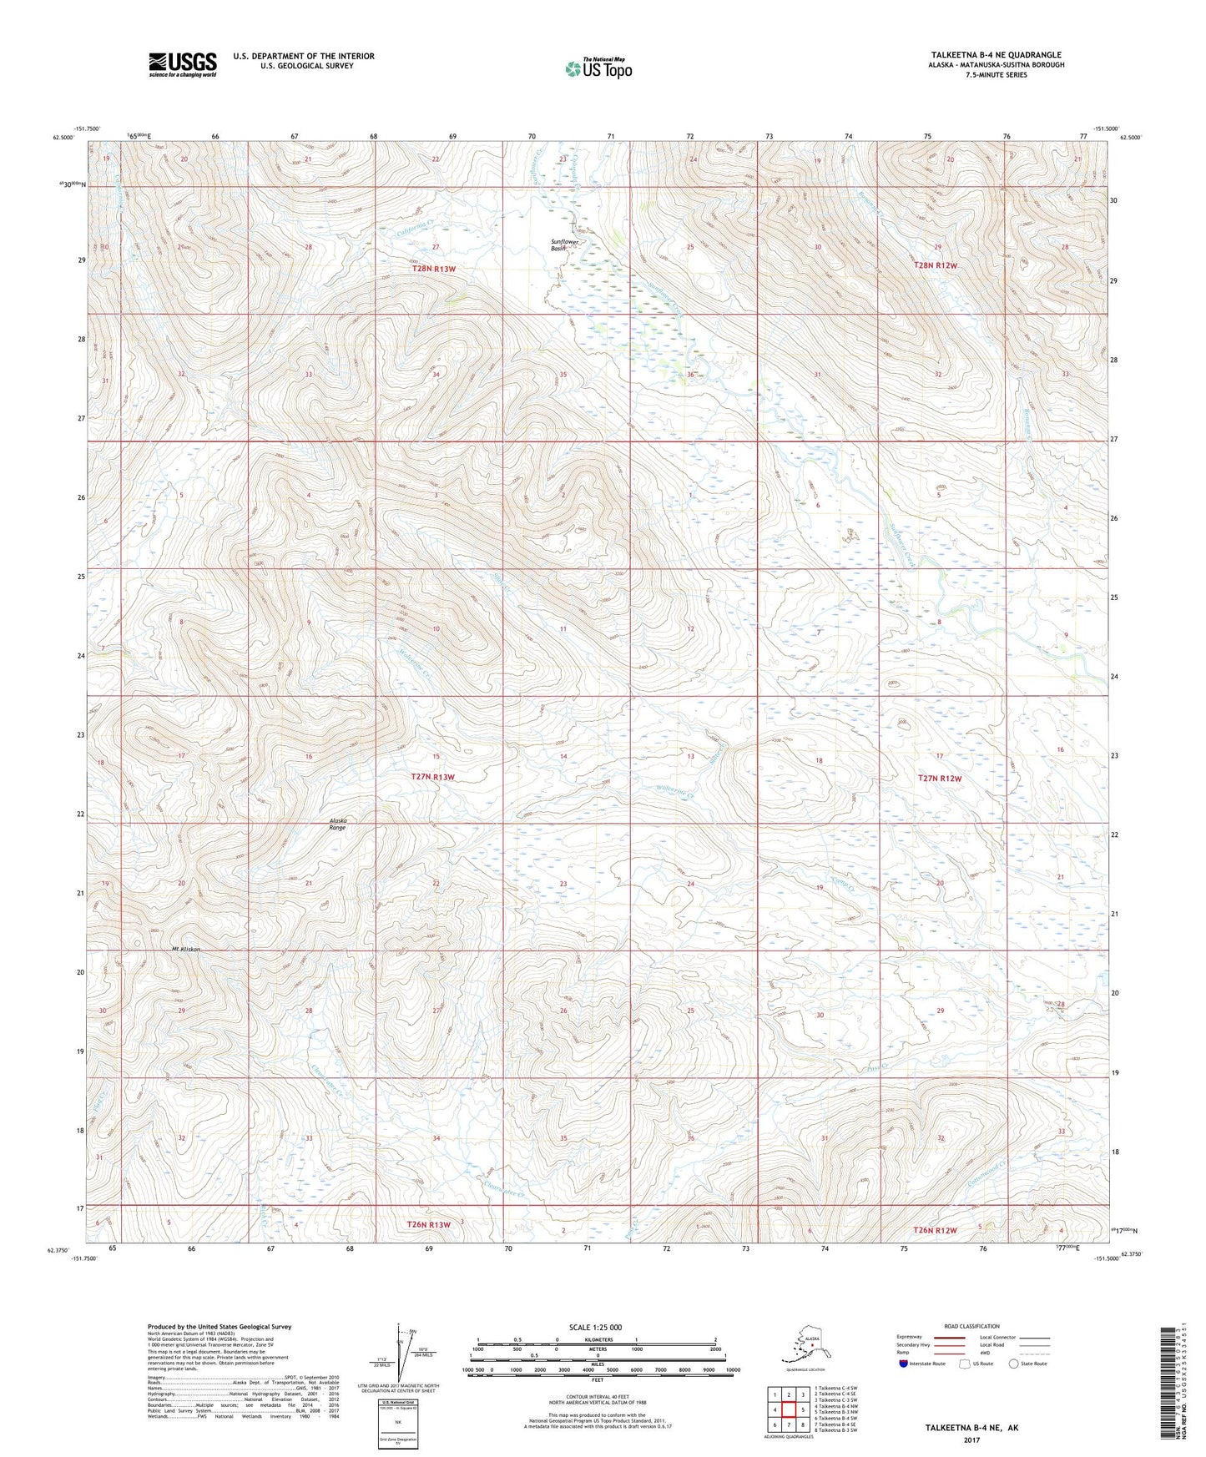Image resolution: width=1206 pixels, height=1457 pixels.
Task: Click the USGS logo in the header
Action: click(x=182, y=65)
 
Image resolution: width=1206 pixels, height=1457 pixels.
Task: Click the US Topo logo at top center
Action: click(x=598, y=68)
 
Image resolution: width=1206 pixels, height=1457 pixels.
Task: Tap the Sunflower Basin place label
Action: click(x=564, y=245)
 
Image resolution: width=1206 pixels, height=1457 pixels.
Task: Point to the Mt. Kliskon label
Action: click(x=186, y=950)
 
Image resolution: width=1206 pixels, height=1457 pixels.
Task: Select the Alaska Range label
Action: click(x=337, y=824)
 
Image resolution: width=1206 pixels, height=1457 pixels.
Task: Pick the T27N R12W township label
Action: click(x=940, y=778)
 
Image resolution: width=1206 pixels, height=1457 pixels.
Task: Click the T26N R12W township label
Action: click(x=934, y=1230)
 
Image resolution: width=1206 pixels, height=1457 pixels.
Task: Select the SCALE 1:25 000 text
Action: click(x=596, y=1327)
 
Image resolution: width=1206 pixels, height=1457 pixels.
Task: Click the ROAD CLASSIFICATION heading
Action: click(x=971, y=1326)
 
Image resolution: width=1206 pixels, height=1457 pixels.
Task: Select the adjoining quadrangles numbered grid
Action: click(x=788, y=1411)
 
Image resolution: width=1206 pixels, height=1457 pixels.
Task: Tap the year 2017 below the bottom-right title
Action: click(x=971, y=1439)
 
